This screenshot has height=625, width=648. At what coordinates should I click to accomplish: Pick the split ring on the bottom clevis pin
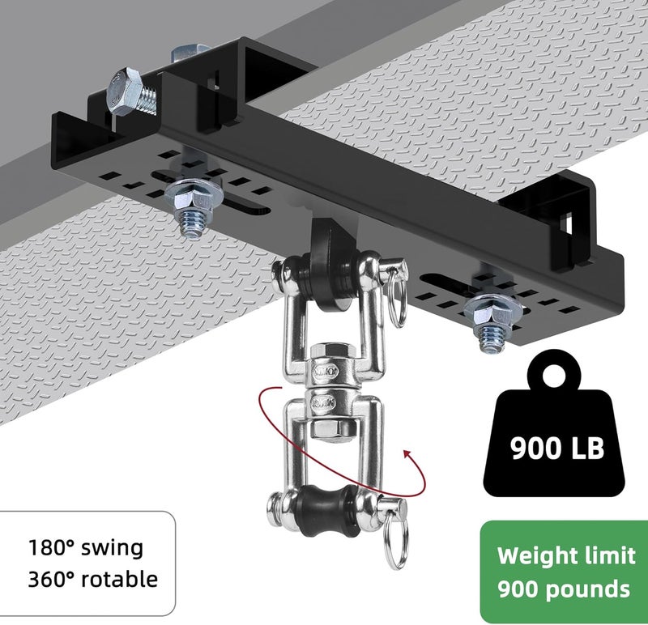396,540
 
